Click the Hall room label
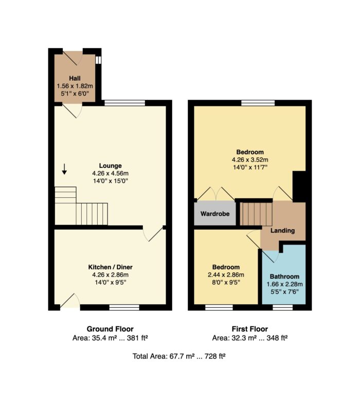click(75, 78)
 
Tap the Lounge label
click(110, 165)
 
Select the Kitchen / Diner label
click(110, 267)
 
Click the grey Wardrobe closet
click(215, 213)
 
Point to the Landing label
click(282, 231)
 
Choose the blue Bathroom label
click(284, 276)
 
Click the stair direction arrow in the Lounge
click(64, 169)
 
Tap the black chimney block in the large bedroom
click(299, 186)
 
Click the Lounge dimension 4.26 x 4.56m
click(110, 173)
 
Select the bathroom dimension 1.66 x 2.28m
click(284, 284)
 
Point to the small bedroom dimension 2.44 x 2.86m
click(226, 275)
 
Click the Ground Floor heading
click(110, 329)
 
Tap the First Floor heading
click(250, 329)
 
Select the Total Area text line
click(179, 356)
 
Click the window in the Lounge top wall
click(124, 103)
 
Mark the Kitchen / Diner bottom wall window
click(124, 307)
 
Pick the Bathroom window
click(282, 307)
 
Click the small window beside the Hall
click(98, 60)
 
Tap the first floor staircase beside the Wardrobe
click(256, 214)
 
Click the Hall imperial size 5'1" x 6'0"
click(75, 94)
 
